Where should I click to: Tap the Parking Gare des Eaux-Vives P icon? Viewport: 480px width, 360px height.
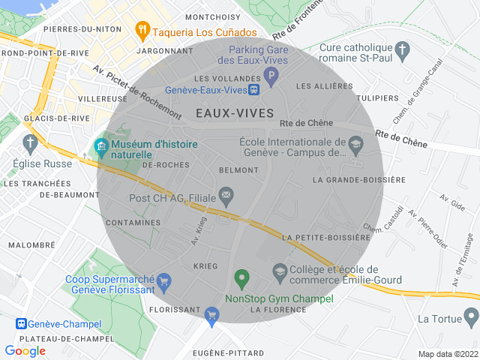point(271,75)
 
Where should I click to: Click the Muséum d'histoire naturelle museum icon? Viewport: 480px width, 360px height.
point(101,144)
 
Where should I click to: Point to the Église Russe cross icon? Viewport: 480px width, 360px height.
point(31,142)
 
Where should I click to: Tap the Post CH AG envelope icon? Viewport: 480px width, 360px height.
point(226,197)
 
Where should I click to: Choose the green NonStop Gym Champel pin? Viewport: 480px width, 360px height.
point(241,279)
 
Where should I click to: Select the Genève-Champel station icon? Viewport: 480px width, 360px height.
point(22,323)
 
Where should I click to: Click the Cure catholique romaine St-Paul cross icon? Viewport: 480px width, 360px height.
point(404,52)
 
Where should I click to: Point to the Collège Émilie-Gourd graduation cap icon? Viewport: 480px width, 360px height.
point(280,271)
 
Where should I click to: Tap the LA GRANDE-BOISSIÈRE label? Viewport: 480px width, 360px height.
point(358,180)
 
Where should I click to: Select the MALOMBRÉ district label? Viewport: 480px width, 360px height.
point(31,245)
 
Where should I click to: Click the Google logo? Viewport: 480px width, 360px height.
point(25,350)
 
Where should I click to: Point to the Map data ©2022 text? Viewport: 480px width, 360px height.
point(447,354)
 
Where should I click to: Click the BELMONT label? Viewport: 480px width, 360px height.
point(238,170)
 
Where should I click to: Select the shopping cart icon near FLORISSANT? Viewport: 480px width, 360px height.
point(212,315)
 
